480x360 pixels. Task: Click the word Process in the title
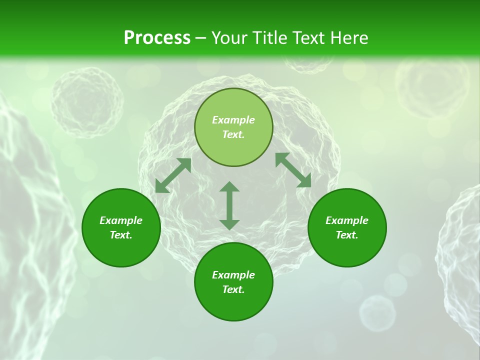click(x=157, y=38)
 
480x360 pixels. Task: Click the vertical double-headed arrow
click(x=229, y=206)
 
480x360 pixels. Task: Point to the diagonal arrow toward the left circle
click(x=173, y=175)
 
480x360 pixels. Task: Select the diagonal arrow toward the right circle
click(x=293, y=170)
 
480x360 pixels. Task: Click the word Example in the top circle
click(x=233, y=120)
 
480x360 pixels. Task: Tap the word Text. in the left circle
click(x=121, y=235)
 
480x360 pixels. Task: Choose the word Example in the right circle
click(x=347, y=220)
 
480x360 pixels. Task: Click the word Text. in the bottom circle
click(x=233, y=289)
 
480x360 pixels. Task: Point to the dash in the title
click(x=200, y=38)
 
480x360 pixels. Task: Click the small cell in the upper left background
click(x=87, y=102)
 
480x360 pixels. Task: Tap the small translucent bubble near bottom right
click(x=377, y=312)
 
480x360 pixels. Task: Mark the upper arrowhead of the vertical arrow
click(x=229, y=186)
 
